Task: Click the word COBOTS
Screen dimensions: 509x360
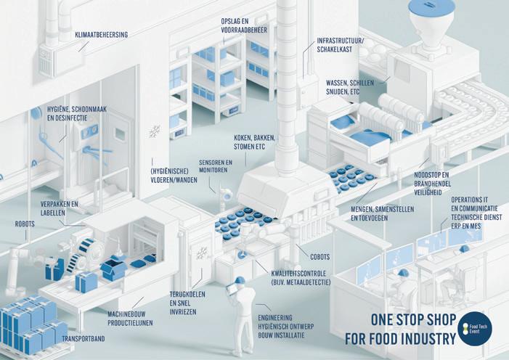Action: click(319, 256)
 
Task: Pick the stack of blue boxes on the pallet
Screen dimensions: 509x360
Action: click(29, 323)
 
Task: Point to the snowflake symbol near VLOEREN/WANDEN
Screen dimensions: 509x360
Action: click(154, 131)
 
